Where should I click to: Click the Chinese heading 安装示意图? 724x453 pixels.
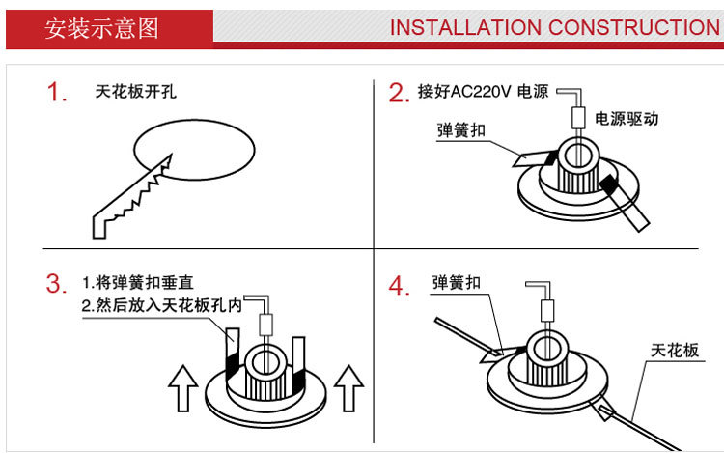click(101, 26)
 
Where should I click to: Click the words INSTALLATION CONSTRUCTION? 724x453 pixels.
click(554, 26)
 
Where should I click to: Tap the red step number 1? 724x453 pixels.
click(56, 94)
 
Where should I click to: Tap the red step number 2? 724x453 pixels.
click(399, 94)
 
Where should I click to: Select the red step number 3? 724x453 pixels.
click(56, 284)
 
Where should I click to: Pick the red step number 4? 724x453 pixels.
click(399, 286)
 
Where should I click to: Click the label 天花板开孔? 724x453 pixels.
click(136, 93)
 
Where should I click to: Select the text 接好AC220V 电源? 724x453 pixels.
click(483, 93)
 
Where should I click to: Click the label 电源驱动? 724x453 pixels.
click(627, 119)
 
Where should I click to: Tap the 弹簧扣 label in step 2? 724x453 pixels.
click(460, 129)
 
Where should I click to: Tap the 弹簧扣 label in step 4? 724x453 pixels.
click(457, 284)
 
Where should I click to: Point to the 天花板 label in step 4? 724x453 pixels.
click(675, 349)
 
